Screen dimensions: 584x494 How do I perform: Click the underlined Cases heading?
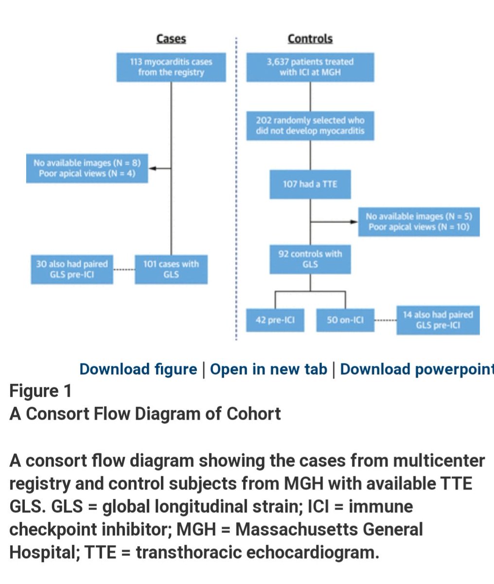coord(171,39)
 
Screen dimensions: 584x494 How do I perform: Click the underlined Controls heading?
coord(310,39)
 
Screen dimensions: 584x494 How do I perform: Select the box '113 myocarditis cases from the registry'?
coord(171,67)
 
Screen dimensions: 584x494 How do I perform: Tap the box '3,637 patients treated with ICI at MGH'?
coord(310,67)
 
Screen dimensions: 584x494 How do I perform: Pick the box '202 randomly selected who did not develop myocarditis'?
coord(310,126)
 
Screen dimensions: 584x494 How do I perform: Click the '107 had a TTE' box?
coord(310,184)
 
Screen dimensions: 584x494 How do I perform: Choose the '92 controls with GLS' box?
coord(310,259)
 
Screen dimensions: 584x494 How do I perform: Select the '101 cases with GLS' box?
coord(171,269)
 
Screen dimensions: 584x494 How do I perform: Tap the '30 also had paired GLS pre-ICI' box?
coord(72,269)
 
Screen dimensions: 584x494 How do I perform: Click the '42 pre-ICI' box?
coord(275,320)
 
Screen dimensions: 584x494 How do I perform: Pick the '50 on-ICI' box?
coord(345,320)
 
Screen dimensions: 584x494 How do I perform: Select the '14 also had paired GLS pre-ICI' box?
coord(438,320)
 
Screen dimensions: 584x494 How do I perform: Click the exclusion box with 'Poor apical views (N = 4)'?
coord(87,168)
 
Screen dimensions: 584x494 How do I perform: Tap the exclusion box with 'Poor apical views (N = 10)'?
coord(419,222)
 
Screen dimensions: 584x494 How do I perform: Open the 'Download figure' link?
coord(138,369)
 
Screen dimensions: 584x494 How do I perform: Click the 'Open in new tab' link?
coord(268,369)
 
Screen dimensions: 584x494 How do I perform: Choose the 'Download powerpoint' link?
coord(416,369)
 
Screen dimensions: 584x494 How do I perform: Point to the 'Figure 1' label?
coord(41,391)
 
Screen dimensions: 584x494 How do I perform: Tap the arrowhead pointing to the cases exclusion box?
coord(151,168)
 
